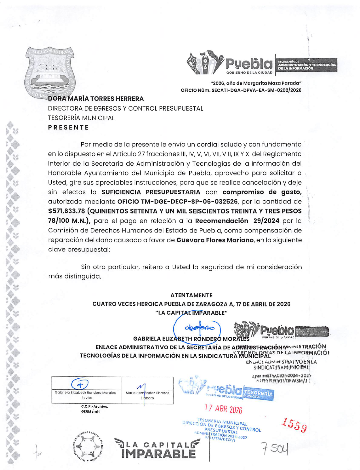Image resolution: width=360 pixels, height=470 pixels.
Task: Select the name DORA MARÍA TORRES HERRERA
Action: [96, 99]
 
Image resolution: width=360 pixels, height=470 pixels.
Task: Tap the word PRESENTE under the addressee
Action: [68, 127]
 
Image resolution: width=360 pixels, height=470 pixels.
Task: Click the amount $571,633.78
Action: [66, 211]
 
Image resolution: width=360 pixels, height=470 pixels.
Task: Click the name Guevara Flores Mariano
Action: [215, 240]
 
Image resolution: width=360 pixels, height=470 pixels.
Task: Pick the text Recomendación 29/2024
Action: [237, 221]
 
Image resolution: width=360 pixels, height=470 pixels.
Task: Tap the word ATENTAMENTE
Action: [191, 295]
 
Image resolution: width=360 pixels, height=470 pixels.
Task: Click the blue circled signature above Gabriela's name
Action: [197, 328]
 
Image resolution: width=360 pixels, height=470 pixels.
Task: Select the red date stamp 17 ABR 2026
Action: [223, 409]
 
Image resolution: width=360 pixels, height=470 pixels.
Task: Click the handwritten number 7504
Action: [275, 449]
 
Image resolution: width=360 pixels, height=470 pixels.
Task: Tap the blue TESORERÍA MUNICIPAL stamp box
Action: [258, 394]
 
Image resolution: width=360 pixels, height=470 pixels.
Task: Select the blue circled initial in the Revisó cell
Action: [80, 385]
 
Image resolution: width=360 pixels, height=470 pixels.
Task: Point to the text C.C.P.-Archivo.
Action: [95, 406]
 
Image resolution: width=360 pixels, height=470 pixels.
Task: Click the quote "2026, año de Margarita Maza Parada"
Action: [256, 83]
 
